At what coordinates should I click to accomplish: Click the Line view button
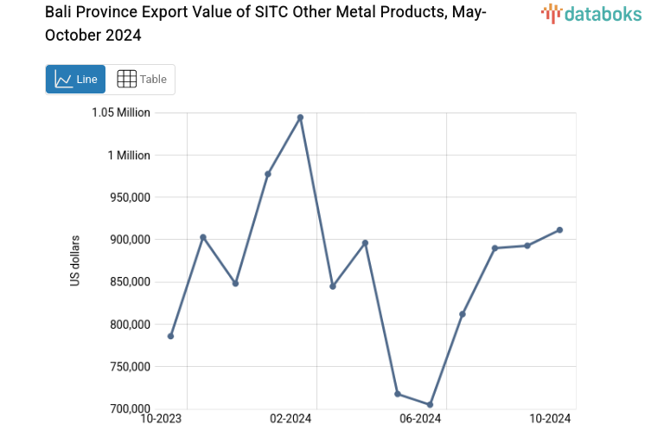[x=75, y=79]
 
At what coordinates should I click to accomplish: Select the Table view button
[x=141, y=79]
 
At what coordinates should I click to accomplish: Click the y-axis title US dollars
[x=75, y=261]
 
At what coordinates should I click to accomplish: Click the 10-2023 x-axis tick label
[x=162, y=420]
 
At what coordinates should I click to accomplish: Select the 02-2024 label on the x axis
[x=290, y=420]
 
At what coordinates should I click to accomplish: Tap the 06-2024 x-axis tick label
[x=420, y=420]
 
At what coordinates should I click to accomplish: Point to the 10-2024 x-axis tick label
[x=550, y=420]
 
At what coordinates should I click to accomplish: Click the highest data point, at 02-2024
[x=300, y=117]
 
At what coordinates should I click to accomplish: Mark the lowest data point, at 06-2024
[x=430, y=404]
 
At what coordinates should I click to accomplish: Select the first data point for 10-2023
[x=170, y=336]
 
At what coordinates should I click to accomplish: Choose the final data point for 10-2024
[x=559, y=229]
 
